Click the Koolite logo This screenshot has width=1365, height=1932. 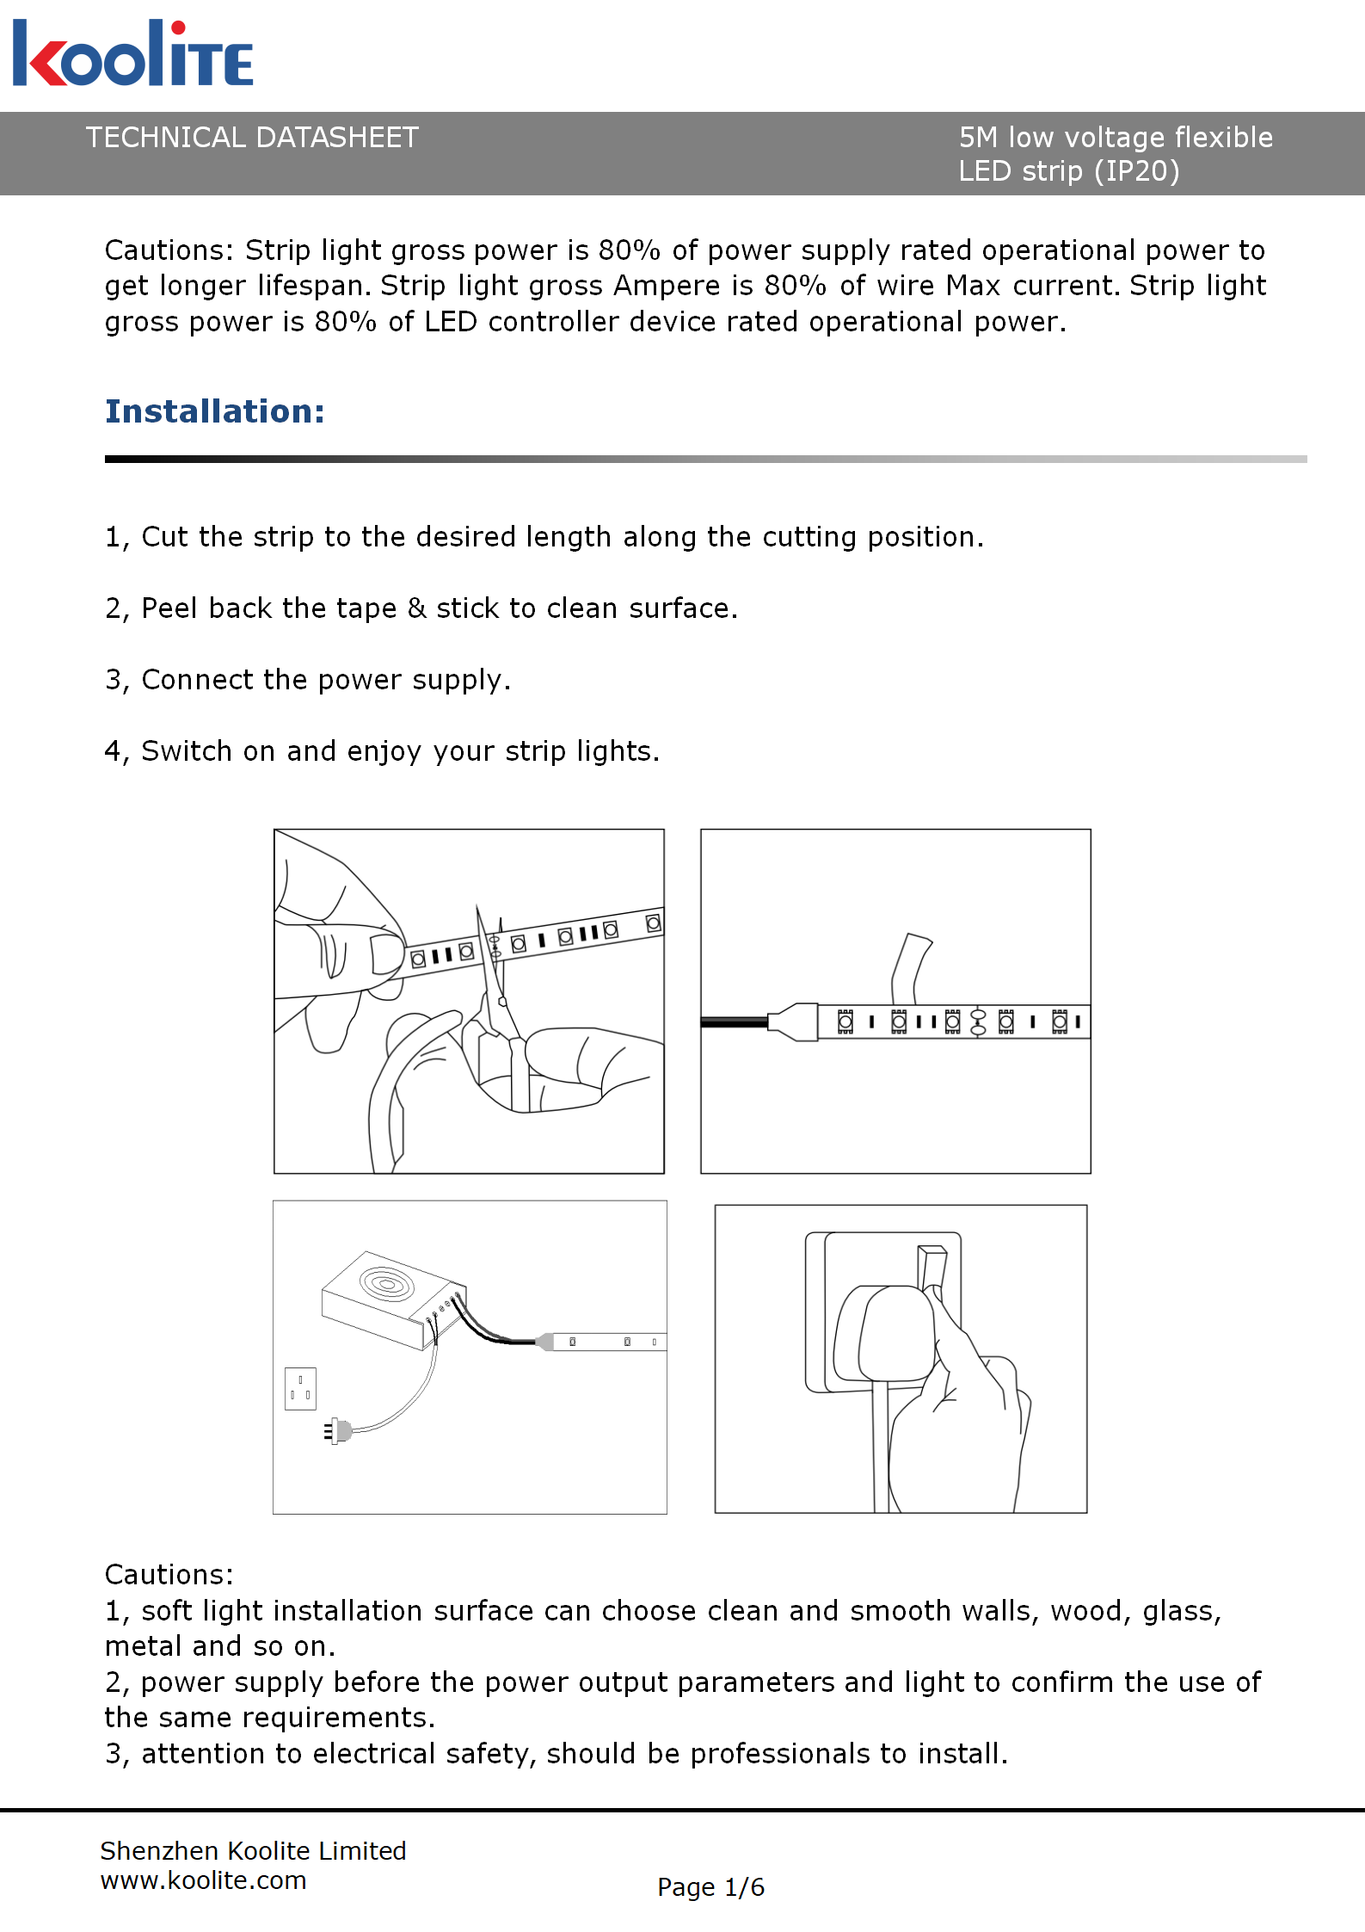(x=133, y=53)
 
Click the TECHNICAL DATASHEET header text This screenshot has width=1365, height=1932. (x=252, y=138)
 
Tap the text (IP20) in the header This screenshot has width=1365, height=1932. (x=1136, y=171)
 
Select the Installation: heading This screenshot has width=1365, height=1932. (x=215, y=411)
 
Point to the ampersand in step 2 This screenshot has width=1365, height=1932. (x=416, y=608)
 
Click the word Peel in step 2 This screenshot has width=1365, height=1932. (x=169, y=608)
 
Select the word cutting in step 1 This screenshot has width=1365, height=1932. (x=809, y=537)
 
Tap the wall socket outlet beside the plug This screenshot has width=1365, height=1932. (x=300, y=1388)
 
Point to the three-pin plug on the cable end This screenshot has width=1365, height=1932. (x=339, y=1431)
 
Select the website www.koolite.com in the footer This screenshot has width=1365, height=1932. (x=203, y=1880)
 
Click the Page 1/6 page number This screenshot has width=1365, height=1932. (x=710, y=1886)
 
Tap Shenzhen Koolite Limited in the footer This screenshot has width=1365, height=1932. (x=253, y=1850)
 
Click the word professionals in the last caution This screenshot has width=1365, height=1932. (x=797, y=1753)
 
